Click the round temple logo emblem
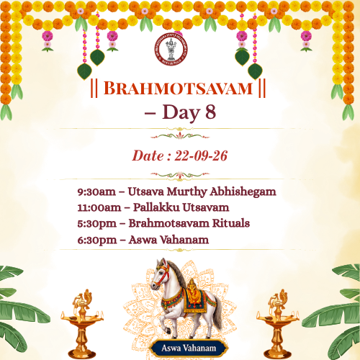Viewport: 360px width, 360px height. [171, 49]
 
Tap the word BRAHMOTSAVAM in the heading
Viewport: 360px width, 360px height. [178, 89]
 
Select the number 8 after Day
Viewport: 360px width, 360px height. [210, 112]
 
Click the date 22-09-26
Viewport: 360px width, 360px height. [201, 156]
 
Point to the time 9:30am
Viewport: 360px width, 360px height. [96, 192]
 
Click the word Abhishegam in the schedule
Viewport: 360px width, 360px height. [243, 192]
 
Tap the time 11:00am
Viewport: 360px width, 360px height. [99, 208]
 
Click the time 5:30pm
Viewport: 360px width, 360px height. [97, 224]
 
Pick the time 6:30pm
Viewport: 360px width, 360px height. [97, 240]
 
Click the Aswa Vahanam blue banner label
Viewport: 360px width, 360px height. [189, 348]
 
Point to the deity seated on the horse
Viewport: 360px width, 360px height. [192, 291]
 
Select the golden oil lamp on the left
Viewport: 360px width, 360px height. [82, 324]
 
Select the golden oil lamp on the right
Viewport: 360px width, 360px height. [278, 324]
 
